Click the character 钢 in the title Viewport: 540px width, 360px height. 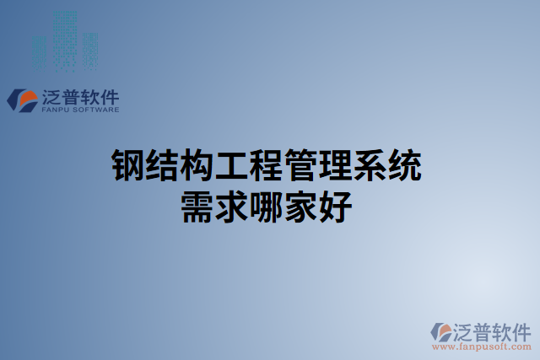click(128, 167)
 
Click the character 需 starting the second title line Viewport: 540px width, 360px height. click(198, 207)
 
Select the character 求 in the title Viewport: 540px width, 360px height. click(235, 207)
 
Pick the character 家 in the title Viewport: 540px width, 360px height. click(306, 207)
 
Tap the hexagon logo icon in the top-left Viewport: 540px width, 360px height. click(21, 100)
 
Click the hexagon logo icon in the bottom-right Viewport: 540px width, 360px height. click(441, 331)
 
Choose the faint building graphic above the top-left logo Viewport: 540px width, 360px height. click(63, 38)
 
